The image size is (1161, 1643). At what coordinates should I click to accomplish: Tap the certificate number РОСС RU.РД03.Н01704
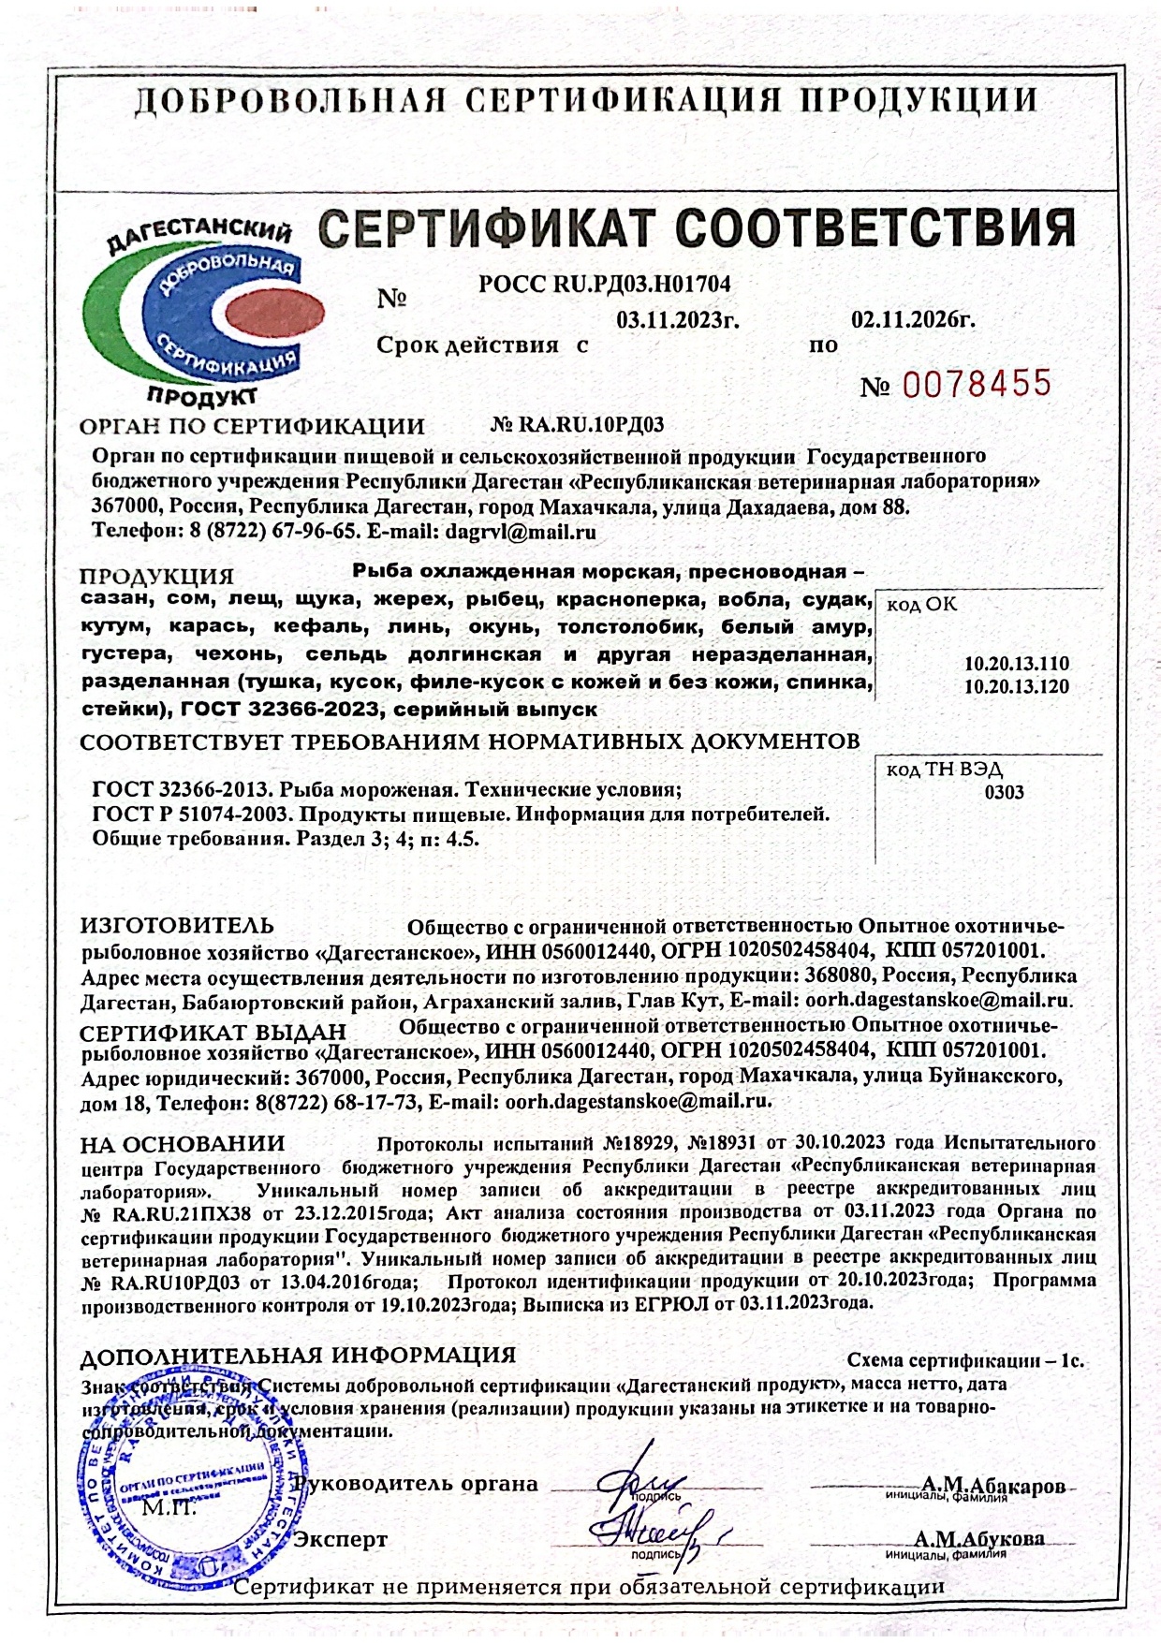[604, 283]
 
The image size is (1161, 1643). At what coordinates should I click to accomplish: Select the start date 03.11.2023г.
[678, 320]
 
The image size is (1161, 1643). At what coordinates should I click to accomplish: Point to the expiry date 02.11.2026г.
[913, 320]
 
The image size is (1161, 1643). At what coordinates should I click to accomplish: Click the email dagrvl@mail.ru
[522, 532]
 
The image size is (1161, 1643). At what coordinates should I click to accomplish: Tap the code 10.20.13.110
[1016, 664]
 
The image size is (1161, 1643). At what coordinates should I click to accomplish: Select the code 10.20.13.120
[1016, 686]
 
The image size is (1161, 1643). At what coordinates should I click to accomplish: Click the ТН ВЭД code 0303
[1004, 792]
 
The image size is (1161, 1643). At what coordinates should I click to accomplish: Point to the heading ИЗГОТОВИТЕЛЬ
[177, 926]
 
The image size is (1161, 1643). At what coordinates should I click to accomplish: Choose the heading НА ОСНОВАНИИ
[182, 1143]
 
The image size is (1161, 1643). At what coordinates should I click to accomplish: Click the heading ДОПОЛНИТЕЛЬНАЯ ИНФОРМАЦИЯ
[298, 1355]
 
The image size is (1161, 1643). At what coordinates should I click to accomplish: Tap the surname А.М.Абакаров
[992, 1486]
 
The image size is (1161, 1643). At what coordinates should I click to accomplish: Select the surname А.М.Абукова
[979, 1538]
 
